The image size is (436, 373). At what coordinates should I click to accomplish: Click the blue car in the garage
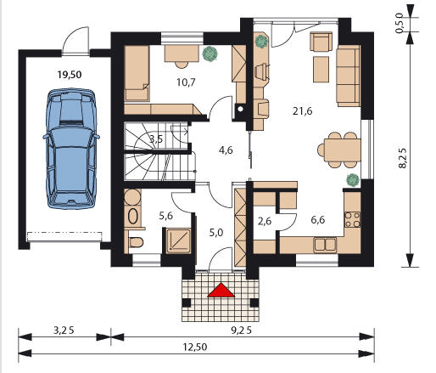71,149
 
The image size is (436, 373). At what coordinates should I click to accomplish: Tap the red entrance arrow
221,290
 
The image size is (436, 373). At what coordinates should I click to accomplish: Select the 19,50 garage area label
70,75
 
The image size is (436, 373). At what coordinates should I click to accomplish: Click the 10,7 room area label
186,82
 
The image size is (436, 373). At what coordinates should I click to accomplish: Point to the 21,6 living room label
302,111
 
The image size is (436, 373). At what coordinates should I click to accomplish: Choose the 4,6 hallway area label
226,150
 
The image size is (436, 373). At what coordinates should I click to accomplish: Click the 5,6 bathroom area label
165,216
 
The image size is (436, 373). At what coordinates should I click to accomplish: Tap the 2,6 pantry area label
265,221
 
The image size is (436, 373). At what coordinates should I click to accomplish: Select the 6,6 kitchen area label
318,220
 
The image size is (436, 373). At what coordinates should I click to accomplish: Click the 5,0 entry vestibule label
216,233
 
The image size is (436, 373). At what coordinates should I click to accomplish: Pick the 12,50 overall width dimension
195,347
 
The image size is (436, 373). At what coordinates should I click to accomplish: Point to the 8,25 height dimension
403,158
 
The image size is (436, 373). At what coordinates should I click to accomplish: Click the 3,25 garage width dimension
64,331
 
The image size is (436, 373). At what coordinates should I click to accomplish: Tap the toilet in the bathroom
136,242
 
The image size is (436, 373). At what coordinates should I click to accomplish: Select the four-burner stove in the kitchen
352,219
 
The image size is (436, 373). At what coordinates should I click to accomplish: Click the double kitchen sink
325,245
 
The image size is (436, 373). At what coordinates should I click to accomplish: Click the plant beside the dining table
353,179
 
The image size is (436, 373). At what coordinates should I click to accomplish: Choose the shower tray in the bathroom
178,240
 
